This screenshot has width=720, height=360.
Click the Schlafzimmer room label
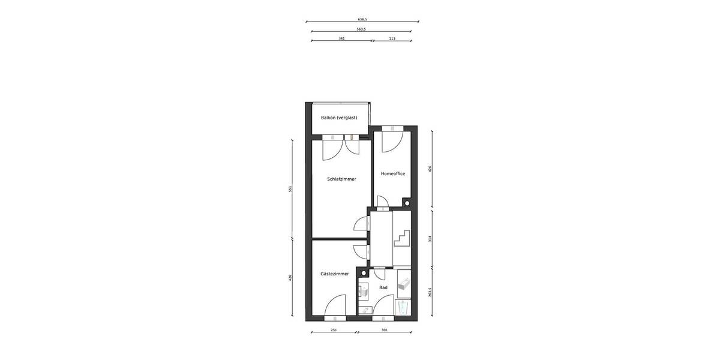pos(341,179)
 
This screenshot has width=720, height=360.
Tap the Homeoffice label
pos(393,173)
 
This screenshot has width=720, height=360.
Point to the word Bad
pos(383,287)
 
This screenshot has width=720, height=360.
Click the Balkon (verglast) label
pos(339,118)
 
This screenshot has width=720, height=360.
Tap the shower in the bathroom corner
pos(404,309)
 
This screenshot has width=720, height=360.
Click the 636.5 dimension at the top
pos(362,19)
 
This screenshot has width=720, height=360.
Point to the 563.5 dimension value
pos(362,29)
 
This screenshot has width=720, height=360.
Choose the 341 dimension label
pos(341,38)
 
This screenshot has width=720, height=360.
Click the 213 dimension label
pos(392,38)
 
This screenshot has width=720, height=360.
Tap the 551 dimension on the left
pos(290,189)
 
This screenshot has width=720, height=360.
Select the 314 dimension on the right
pos(430,238)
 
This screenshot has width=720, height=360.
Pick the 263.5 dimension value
pos(430,292)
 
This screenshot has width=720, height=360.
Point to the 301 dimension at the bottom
pos(384,330)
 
